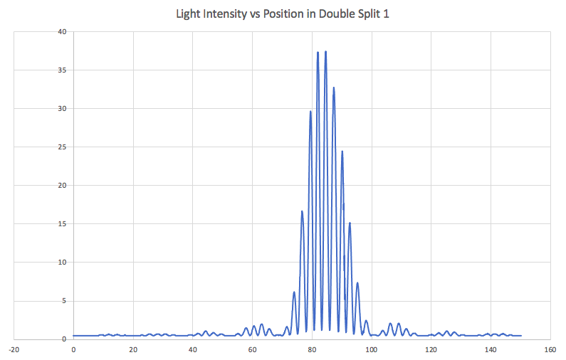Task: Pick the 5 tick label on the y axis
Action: tap(64, 301)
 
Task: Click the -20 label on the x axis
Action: tap(13, 349)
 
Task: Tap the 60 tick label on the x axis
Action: tap(252, 349)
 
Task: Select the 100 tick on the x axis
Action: tap(371, 349)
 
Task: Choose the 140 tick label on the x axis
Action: tap(491, 349)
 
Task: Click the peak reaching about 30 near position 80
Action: tap(310, 112)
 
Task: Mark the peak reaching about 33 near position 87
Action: tap(333, 88)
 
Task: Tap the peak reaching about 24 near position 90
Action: tap(342, 152)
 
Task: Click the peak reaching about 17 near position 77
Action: tap(302, 211)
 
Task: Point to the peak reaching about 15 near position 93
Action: tap(350, 223)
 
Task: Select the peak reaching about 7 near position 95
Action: tap(357, 283)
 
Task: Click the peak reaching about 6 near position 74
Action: tap(294, 292)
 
